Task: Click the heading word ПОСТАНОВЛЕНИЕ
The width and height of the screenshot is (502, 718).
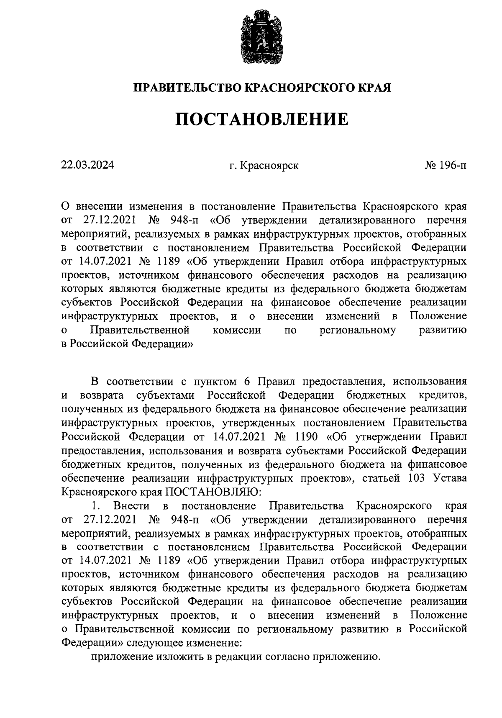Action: point(261,120)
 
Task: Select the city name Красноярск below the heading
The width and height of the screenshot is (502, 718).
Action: point(269,166)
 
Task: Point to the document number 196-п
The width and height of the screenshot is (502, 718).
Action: point(453,165)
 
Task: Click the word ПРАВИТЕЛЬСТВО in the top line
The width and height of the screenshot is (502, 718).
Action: point(187,88)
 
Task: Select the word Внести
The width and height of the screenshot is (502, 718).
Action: point(131,506)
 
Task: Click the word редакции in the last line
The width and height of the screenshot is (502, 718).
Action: point(239,656)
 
